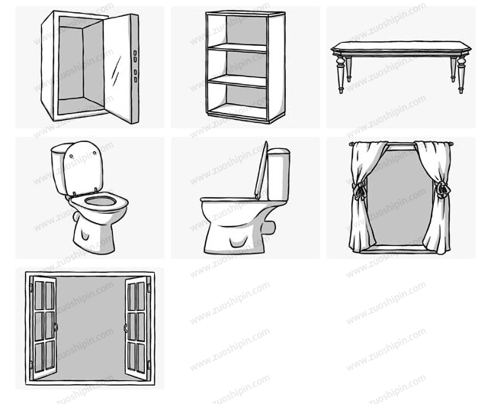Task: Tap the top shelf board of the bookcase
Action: (x=237, y=48)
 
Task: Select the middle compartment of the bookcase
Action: (x=237, y=64)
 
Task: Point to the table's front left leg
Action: (x=340, y=75)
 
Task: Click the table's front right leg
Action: (x=461, y=75)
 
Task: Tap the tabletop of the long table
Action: (x=401, y=48)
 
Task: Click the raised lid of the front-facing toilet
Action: (x=83, y=168)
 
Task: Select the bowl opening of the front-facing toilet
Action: (x=101, y=201)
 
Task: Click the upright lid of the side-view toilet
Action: (x=261, y=170)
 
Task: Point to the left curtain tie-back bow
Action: (x=359, y=191)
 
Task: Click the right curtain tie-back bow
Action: (x=441, y=189)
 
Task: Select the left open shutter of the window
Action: (x=43, y=328)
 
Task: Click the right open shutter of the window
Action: (x=138, y=328)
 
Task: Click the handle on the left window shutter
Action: (x=56, y=327)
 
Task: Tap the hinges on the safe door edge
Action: (x=135, y=66)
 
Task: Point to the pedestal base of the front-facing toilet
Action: (x=94, y=235)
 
